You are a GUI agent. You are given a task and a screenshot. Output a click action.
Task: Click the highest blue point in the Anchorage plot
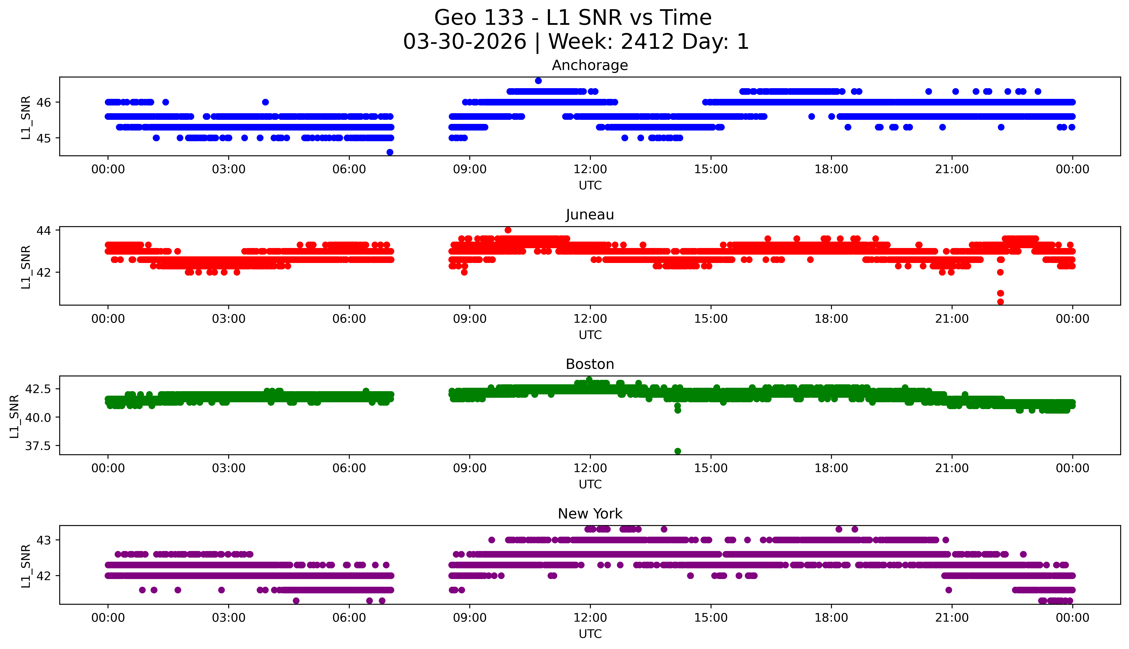tap(538, 81)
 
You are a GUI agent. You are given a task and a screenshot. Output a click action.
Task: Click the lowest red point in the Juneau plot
tap(1000, 302)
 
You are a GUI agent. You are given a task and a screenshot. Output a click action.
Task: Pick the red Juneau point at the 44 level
tap(508, 230)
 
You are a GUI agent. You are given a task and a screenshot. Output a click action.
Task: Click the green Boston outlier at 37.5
tap(678, 451)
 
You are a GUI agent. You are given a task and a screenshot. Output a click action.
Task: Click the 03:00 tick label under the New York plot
tap(229, 618)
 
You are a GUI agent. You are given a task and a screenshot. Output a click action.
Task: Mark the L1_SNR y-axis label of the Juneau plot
tap(26, 267)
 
